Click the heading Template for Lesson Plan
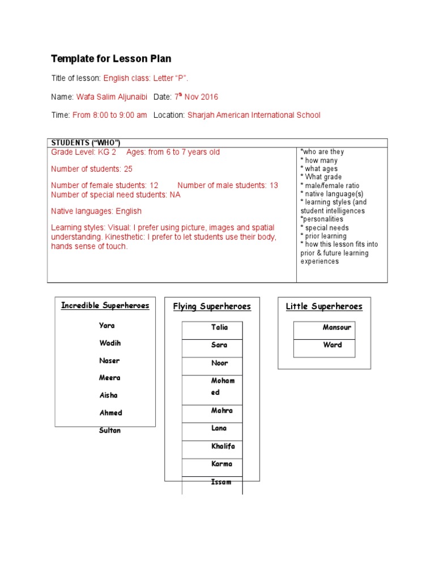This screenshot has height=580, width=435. (x=111, y=59)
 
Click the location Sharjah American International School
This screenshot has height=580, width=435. (x=254, y=115)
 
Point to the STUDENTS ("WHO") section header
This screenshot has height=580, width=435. (x=86, y=143)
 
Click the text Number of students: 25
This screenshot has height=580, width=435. (x=92, y=169)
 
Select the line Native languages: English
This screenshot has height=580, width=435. (x=96, y=211)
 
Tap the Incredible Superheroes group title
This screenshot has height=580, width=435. (x=105, y=306)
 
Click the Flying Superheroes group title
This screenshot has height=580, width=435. (x=212, y=306)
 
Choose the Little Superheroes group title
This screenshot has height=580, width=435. (x=324, y=306)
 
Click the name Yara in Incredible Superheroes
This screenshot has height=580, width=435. (x=106, y=326)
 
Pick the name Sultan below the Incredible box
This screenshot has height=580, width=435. (x=110, y=430)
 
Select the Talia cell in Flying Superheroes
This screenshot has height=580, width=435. (x=219, y=327)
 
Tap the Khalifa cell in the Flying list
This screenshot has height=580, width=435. (x=223, y=446)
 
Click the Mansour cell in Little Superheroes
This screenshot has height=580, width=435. (x=336, y=327)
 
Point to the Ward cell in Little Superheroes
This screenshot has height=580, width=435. (x=332, y=344)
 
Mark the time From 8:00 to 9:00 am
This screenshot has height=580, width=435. (x=109, y=115)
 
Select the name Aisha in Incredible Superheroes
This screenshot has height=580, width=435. (x=108, y=395)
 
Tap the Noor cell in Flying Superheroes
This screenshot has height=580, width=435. (x=219, y=363)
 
